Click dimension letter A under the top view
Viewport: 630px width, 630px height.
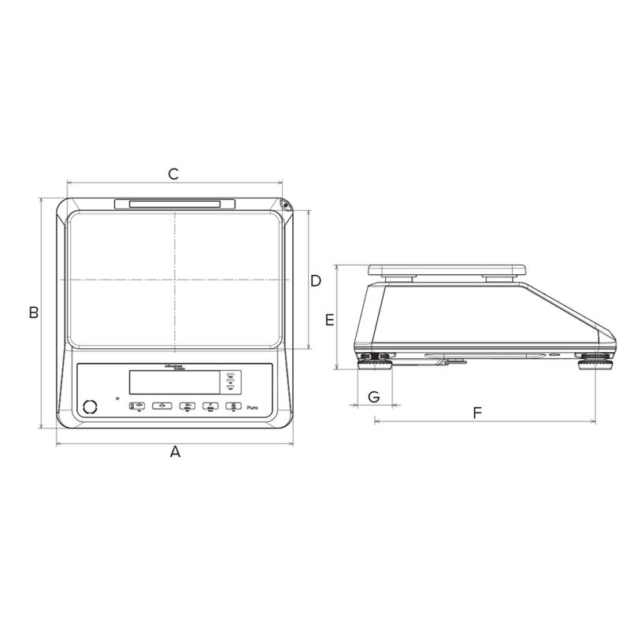176,452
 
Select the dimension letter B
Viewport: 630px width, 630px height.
34,313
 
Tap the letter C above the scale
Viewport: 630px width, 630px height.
174,174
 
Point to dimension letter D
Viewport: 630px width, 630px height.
315,280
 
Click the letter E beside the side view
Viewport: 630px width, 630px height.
330,320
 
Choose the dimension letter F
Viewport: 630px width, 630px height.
477,412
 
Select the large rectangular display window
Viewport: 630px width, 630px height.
177,383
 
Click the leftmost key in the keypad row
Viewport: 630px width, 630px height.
136,406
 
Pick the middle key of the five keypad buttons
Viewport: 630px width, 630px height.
187,406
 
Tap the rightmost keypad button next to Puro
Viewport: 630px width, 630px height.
233,406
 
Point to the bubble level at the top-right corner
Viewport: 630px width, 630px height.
285,206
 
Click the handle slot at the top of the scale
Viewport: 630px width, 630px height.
174,205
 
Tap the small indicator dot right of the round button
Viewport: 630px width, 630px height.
117,398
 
